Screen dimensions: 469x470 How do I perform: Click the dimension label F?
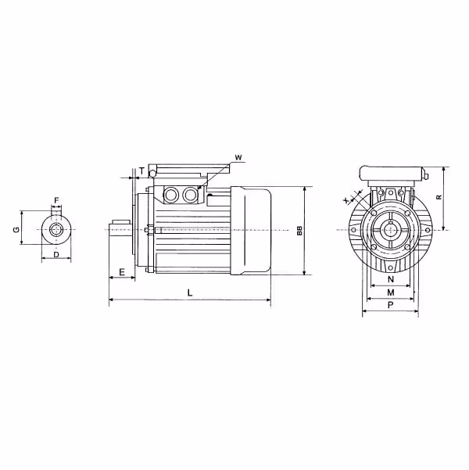click(x=56, y=200)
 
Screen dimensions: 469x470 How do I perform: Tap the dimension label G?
click(x=16, y=230)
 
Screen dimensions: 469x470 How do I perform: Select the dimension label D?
click(x=56, y=255)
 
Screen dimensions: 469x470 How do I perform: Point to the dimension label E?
click(x=122, y=272)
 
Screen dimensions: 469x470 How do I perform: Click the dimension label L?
click(x=190, y=292)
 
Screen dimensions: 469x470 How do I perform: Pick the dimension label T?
click(x=141, y=171)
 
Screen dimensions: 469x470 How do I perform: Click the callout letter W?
click(x=238, y=158)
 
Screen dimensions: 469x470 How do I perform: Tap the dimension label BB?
click(x=299, y=231)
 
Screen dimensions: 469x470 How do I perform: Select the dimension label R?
click(x=439, y=197)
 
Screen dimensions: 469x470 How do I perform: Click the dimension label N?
click(x=391, y=279)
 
